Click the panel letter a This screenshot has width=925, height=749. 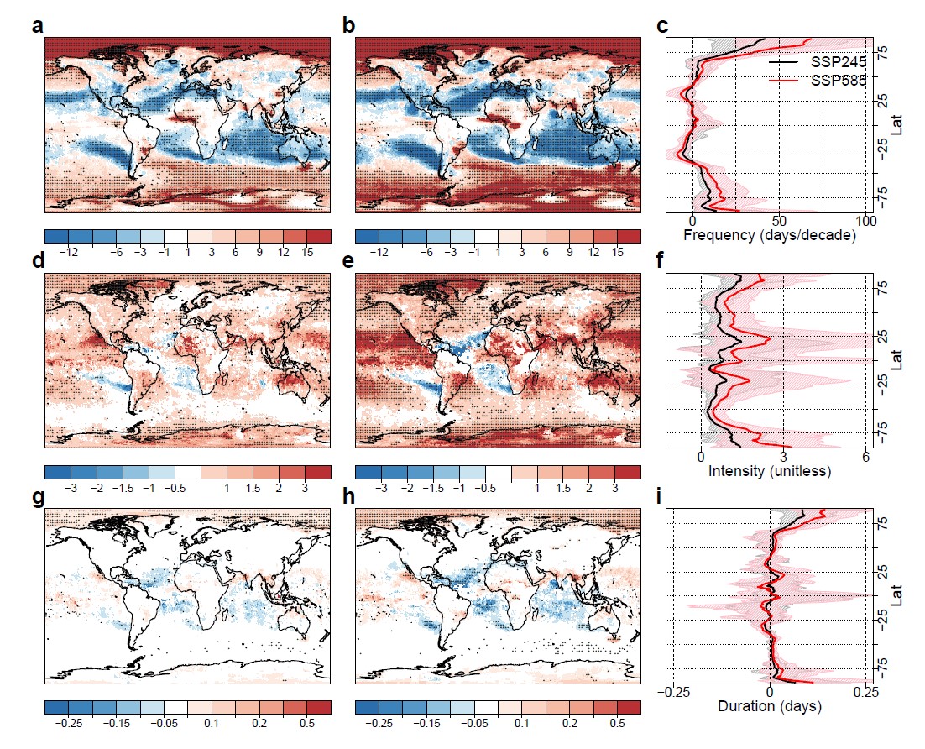pos(37,26)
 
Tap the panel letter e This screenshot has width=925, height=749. pos(348,261)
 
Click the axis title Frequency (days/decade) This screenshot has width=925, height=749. pos(769,236)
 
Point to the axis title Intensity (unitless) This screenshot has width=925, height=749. pos(769,471)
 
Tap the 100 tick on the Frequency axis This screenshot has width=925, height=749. pos(866,221)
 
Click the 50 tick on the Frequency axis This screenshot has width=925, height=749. pos(779,221)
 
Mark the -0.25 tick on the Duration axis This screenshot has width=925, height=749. pos(673,691)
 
